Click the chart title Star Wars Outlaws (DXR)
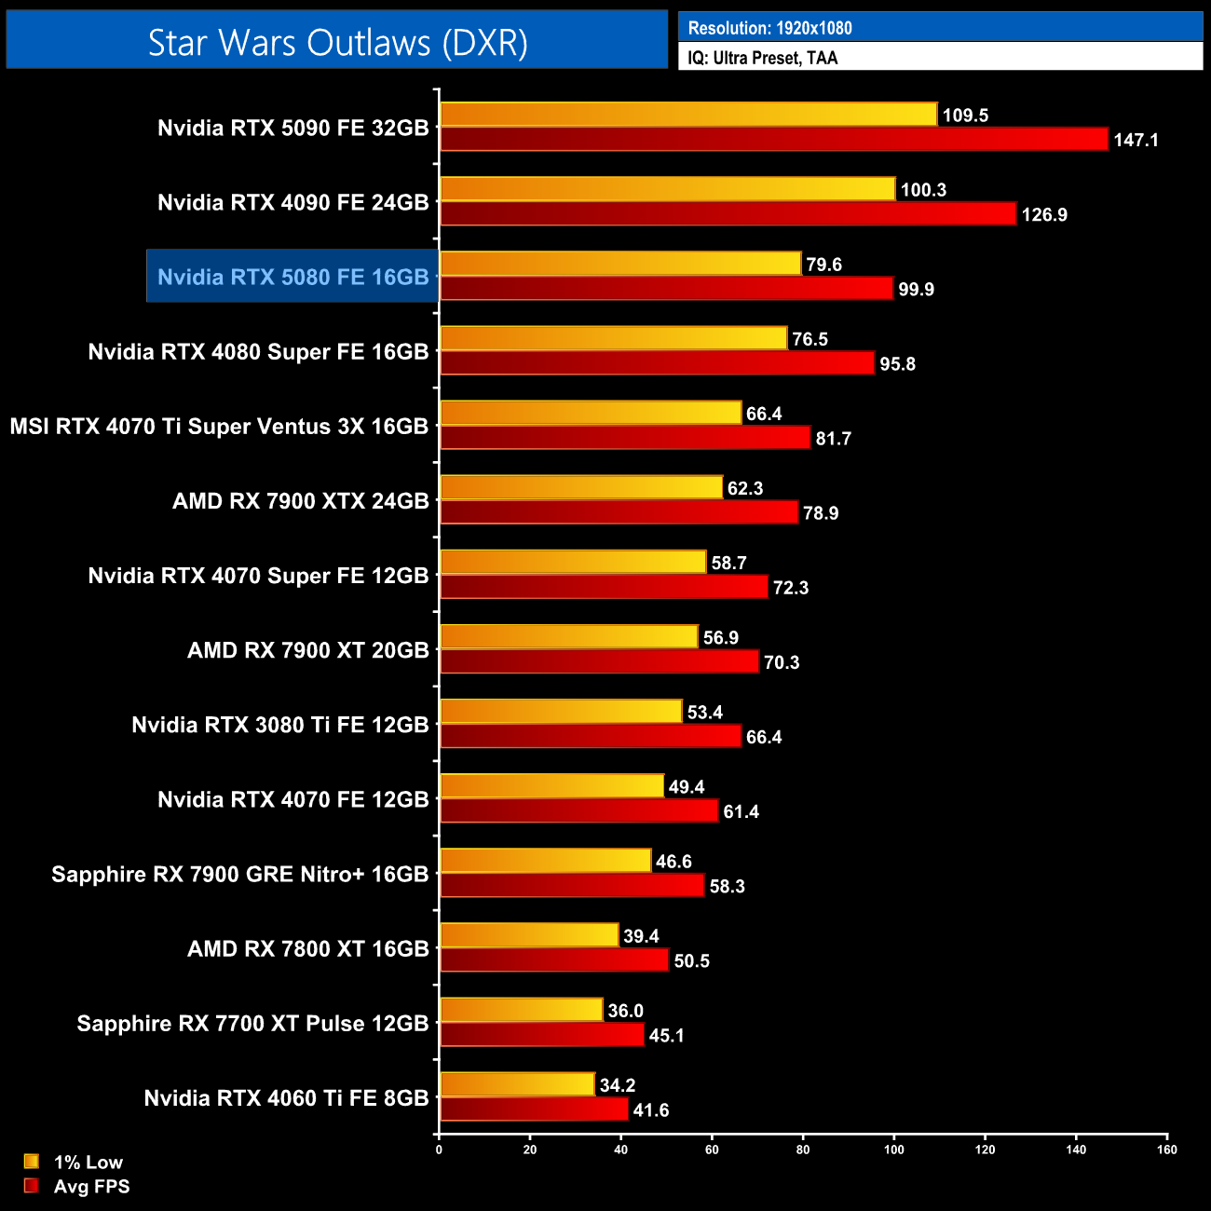click(x=337, y=43)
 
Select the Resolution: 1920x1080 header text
click(x=769, y=28)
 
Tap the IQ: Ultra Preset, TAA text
click(x=762, y=58)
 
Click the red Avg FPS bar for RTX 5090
click(x=773, y=140)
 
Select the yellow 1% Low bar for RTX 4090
click(x=667, y=189)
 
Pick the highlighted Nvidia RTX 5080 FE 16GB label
click(x=293, y=277)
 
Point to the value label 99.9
click(x=916, y=290)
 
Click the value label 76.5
click(x=810, y=339)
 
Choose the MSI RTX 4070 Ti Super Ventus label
click(x=219, y=427)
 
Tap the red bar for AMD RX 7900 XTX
click(x=619, y=512)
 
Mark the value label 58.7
click(x=728, y=563)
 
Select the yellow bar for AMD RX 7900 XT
click(x=568, y=637)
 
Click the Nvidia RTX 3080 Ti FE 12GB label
click(x=279, y=725)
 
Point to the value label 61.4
click(x=741, y=811)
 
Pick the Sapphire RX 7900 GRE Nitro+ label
click(x=239, y=874)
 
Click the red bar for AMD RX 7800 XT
click(x=554, y=959)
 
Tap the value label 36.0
click(x=625, y=1011)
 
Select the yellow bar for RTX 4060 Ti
click(x=517, y=1084)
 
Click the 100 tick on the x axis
click(x=893, y=1150)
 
